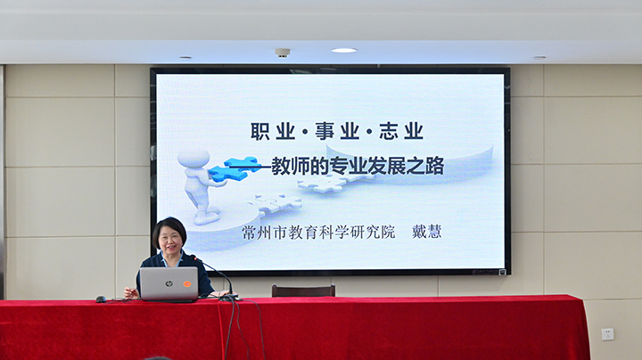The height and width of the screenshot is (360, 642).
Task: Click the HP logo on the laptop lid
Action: (x=169, y=283)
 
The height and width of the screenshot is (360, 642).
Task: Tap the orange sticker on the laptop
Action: (x=187, y=283)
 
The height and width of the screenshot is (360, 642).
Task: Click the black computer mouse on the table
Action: (x=101, y=299)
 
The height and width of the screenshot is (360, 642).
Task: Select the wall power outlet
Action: (x=607, y=334)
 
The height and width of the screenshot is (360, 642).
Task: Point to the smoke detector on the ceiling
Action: (x=282, y=53)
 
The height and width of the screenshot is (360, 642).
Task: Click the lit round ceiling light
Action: (x=344, y=50)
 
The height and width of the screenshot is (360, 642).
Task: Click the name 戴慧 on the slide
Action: (x=426, y=232)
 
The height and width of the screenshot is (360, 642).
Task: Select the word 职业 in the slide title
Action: (x=273, y=131)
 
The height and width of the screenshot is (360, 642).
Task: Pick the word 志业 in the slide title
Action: (x=401, y=131)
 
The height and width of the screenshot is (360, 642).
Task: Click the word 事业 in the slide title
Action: (x=337, y=131)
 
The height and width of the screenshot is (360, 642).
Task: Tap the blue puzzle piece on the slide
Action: (x=234, y=168)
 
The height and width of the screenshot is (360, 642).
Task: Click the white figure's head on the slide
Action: (x=193, y=158)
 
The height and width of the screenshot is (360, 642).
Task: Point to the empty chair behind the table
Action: (x=303, y=290)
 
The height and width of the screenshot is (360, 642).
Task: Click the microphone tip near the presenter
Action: (x=193, y=258)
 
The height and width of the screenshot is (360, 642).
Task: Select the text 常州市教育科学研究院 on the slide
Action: (x=318, y=232)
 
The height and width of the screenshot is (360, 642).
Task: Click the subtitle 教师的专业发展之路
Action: (x=358, y=166)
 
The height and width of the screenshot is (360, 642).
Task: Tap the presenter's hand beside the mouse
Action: (x=131, y=293)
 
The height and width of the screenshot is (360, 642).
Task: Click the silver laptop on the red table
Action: (x=169, y=284)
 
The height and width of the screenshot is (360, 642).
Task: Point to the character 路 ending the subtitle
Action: (x=435, y=166)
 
